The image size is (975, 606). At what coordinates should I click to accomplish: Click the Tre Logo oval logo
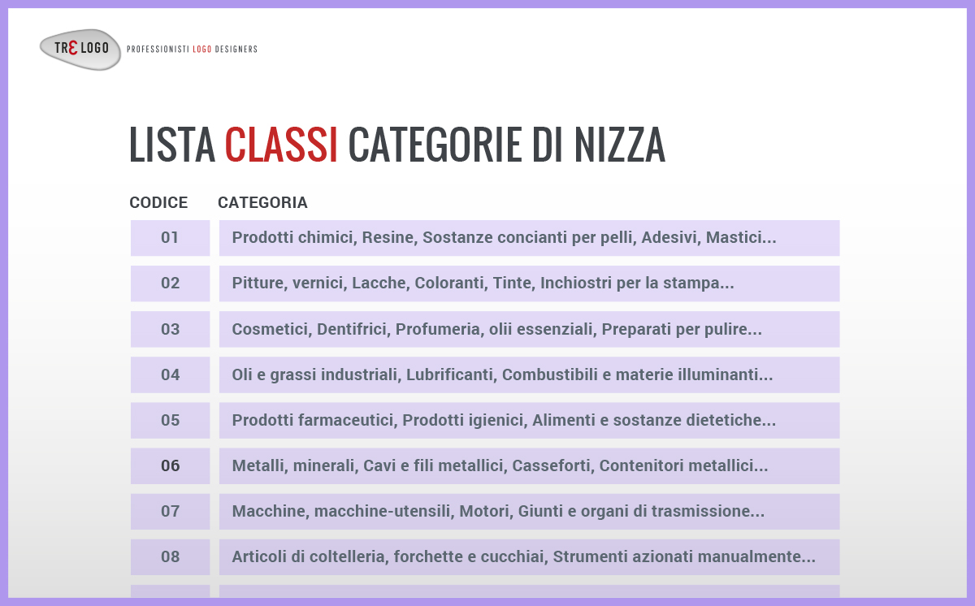point(80,49)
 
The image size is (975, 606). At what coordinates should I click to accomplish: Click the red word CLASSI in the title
point(281,145)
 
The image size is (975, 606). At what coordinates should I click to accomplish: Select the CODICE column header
point(158,203)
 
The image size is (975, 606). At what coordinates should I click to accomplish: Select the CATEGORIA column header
point(262,203)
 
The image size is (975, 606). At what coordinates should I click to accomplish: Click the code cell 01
point(170,238)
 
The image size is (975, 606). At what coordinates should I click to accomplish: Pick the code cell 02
point(170,284)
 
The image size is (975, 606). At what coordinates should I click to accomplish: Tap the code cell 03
point(170,329)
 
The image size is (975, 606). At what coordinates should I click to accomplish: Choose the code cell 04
point(170,374)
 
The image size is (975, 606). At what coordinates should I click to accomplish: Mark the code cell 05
point(170,420)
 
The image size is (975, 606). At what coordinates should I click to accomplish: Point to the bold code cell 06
point(170,465)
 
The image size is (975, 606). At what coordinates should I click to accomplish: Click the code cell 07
point(170,511)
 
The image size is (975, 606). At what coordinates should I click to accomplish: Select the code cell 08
point(170,556)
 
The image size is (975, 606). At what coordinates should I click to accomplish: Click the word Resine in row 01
point(388,238)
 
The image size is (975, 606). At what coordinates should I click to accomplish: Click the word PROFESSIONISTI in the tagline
point(158,50)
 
